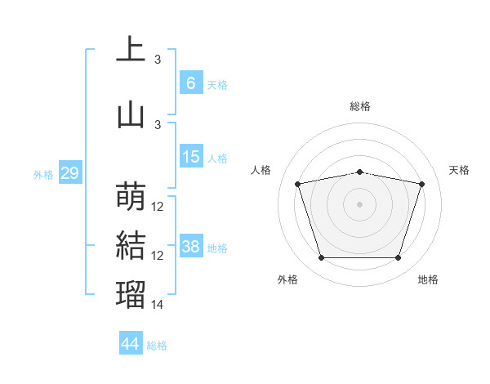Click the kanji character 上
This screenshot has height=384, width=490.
tap(131, 50)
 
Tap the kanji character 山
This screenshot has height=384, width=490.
tap(131, 114)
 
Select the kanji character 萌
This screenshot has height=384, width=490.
tap(131, 196)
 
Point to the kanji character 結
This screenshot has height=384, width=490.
tap(131, 246)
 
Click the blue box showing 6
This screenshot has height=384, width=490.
tap(190, 83)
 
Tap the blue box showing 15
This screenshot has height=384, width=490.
tap(190, 157)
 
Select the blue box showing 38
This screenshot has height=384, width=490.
tap(190, 247)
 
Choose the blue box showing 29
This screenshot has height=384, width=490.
tap(69, 173)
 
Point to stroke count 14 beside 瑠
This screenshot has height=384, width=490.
tap(158, 305)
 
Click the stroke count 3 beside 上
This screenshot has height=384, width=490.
tap(158, 60)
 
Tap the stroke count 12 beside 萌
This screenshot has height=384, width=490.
tap(158, 207)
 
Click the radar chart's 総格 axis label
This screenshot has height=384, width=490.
tap(360, 106)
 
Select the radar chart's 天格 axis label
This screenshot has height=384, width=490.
tap(460, 170)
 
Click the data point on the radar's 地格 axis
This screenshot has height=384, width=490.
tap(398, 258)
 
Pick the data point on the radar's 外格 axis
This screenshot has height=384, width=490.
tap(321, 258)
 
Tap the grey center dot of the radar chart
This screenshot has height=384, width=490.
tap(359, 204)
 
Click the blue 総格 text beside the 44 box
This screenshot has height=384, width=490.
tap(157, 346)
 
